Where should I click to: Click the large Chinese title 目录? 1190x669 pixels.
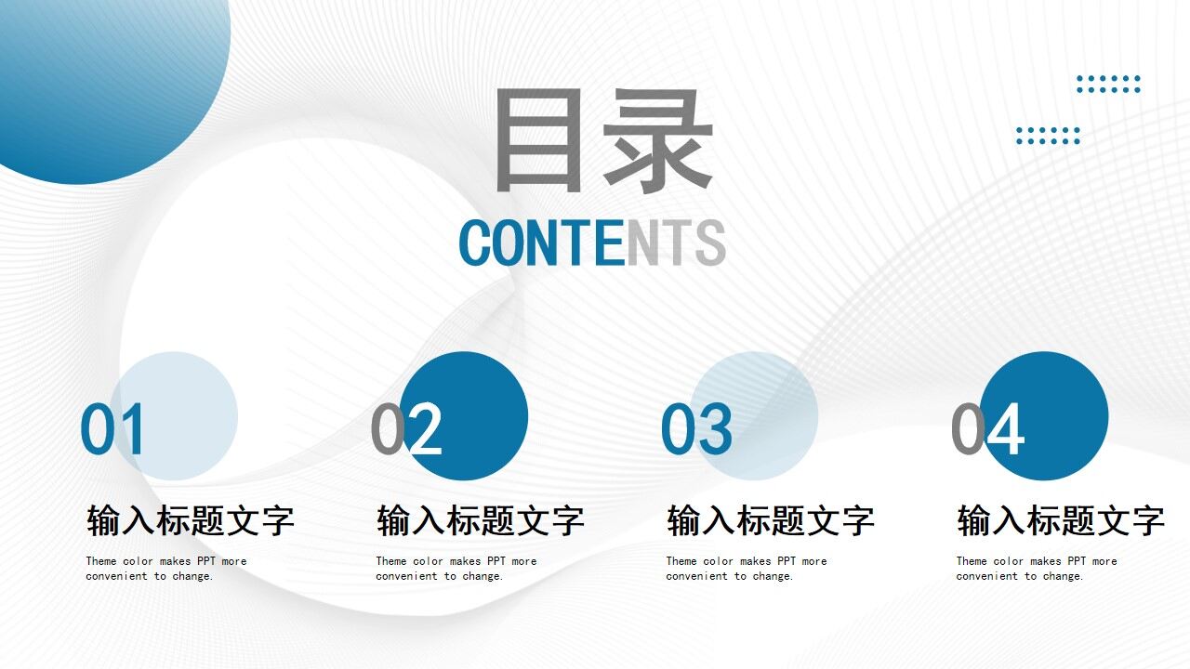pyautogui.click(x=602, y=140)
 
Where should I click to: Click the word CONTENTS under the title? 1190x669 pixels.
pyautogui.click(x=592, y=243)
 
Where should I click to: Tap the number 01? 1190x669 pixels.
pyautogui.click(x=113, y=429)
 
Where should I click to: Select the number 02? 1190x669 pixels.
pyautogui.click(x=406, y=429)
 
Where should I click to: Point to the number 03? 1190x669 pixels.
pyautogui.click(x=696, y=429)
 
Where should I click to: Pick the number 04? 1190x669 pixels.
pyautogui.click(x=986, y=429)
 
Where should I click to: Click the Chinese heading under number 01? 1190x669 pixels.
pyautogui.click(x=191, y=520)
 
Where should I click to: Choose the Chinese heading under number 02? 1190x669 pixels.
pyautogui.click(x=481, y=520)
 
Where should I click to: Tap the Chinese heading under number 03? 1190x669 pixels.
pyautogui.click(x=771, y=520)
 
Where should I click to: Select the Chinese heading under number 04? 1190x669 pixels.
pyautogui.click(x=1061, y=520)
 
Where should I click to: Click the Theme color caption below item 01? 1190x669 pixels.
pyautogui.click(x=166, y=569)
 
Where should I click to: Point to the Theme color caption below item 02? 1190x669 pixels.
pyautogui.click(x=456, y=569)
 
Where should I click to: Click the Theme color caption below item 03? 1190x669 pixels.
pyautogui.click(x=747, y=569)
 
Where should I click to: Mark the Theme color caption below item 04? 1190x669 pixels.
pyautogui.click(x=1037, y=569)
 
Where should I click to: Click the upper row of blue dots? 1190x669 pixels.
pyautogui.click(x=1108, y=85)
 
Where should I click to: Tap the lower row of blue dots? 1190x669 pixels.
pyautogui.click(x=1048, y=136)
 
